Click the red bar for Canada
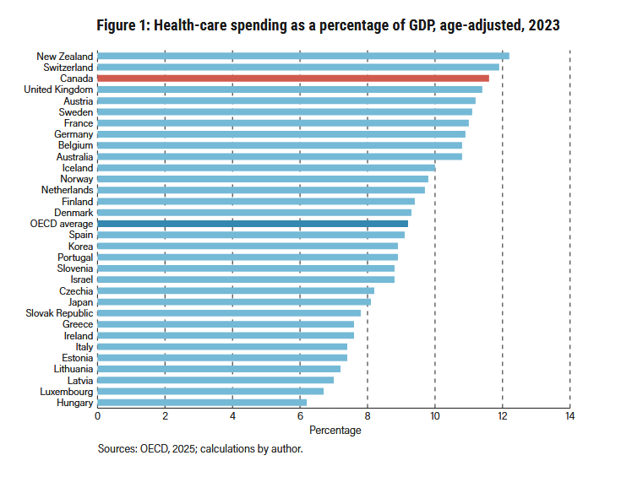(293, 79)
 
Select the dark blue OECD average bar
(253, 224)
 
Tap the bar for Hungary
(202, 403)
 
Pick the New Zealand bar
(303, 56)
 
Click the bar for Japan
(234, 302)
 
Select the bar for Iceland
(266, 168)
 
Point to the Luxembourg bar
(210, 391)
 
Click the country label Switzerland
(68, 68)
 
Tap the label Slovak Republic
(59, 313)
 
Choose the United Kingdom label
(58, 89)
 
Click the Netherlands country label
(68, 190)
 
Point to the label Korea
(81, 247)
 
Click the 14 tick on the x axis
(570, 416)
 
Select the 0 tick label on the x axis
(97, 416)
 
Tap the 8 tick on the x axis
(368, 416)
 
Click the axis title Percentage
(335, 431)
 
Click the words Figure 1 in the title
(122, 25)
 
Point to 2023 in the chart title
(544, 25)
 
